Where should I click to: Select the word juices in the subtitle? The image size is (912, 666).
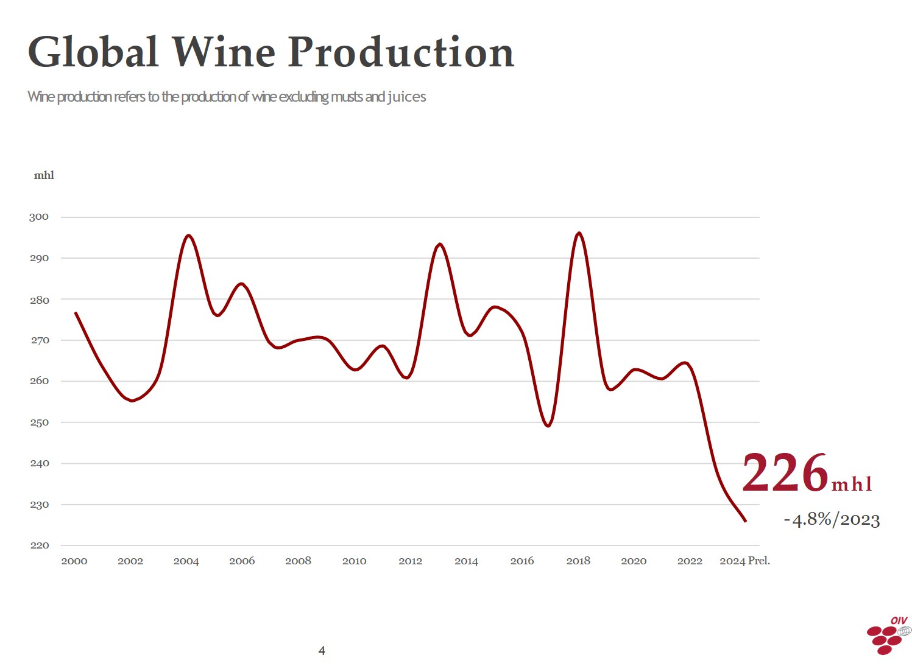406,97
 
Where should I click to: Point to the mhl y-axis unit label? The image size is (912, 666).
44,175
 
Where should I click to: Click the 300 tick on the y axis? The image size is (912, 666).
39,217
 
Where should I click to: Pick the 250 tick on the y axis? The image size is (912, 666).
39,422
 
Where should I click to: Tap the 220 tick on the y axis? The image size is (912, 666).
39,545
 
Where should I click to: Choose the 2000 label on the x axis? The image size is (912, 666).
74,561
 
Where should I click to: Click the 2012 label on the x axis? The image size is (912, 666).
410,561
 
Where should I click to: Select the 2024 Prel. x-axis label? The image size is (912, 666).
744,561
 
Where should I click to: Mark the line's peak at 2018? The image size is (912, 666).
579,233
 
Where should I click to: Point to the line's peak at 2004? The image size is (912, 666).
188,236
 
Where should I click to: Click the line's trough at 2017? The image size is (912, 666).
548,426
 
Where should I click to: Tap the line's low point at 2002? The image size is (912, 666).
132,401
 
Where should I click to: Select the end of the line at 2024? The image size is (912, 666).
745,521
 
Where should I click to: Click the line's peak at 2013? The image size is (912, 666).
440,244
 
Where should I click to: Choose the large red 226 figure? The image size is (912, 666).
785,473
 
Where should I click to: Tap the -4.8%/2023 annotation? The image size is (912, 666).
832,520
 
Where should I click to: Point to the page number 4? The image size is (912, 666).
322,651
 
